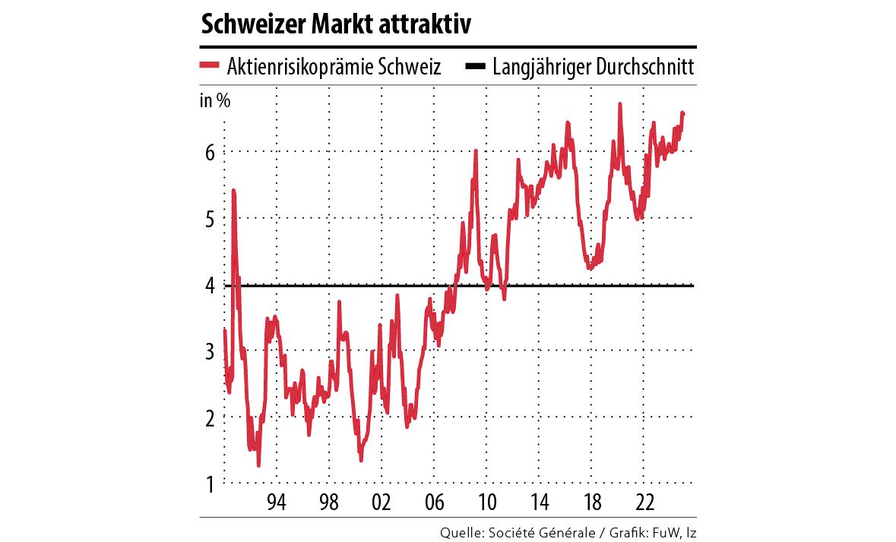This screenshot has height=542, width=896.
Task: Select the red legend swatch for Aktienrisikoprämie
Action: (210, 66)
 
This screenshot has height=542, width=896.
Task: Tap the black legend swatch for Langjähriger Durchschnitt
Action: (475, 66)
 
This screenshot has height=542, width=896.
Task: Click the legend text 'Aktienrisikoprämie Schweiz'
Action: (334, 67)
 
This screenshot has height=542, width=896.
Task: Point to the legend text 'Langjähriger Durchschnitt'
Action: (593, 67)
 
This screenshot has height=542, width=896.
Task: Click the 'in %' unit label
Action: (215, 101)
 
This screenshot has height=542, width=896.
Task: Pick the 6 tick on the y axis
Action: (210, 152)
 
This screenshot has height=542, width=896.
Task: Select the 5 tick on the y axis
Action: (210, 219)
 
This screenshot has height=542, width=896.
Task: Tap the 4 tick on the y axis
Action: (210, 286)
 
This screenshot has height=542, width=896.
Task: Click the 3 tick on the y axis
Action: (210, 351)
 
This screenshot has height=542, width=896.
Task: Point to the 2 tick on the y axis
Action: (210, 417)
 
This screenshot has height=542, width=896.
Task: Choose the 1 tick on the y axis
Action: (210, 483)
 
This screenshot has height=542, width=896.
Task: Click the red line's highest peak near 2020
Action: (620, 105)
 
